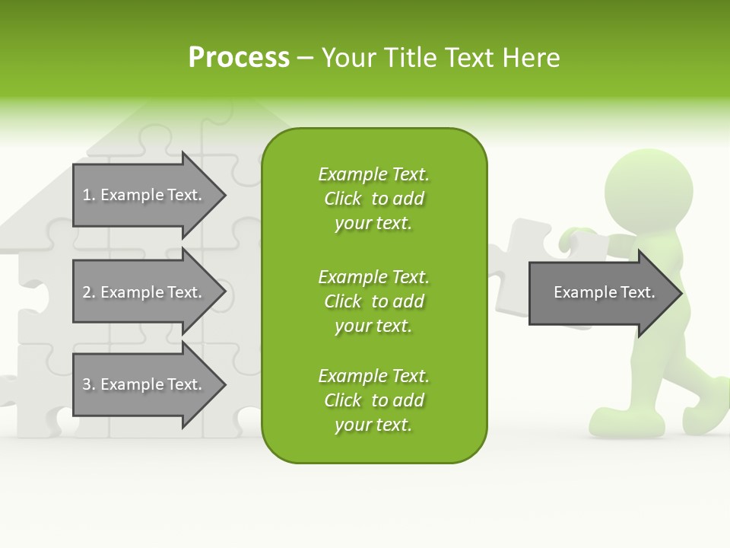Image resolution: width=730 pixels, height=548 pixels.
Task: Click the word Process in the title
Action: point(239,58)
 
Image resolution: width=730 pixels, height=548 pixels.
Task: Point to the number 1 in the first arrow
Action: point(87,195)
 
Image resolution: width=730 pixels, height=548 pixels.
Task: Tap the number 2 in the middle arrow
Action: point(87,292)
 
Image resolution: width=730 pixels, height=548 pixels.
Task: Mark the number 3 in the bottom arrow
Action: point(87,384)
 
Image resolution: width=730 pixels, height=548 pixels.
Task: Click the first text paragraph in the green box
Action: point(373,199)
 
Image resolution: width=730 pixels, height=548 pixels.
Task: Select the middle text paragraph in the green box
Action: point(373,301)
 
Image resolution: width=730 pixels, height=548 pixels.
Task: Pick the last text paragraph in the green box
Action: point(373,400)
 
